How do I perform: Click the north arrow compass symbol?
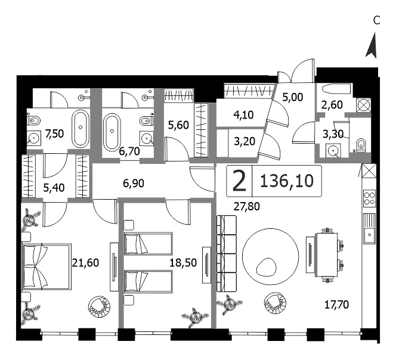click(372, 46)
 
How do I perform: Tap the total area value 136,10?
click(287, 181)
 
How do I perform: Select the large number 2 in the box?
click(239, 181)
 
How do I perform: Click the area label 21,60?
click(85, 263)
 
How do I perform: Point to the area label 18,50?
click(183, 263)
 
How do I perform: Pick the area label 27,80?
click(247, 206)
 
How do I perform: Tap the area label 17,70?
click(336, 305)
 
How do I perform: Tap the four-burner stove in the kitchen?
click(369, 197)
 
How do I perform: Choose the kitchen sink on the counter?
click(370, 229)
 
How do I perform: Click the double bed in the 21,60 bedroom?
click(47, 266)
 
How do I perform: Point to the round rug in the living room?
click(271, 256)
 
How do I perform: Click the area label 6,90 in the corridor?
click(134, 184)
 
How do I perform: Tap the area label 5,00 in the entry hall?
click(293, 97)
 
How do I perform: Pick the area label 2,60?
click(332, 104)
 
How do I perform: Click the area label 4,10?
click(243, 115)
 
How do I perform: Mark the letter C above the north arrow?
click(376, 20)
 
